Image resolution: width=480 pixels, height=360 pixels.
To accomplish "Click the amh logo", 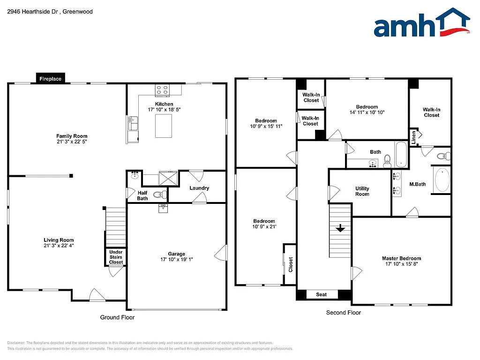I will (x=421, y=23).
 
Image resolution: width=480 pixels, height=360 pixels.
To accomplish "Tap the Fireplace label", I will (x=50, y=79).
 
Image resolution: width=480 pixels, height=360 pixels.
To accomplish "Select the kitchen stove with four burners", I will (x=162, y=90).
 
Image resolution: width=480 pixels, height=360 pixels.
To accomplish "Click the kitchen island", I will (x=164, y=126).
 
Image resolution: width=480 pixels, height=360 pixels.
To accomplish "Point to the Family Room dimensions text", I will (x=72, y=141).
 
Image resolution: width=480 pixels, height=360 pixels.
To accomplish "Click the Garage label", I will (x=177, y=254).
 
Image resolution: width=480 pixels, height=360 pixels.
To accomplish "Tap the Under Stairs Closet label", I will (x=116, y=257).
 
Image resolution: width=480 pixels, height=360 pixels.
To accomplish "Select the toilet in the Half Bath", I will (x=159, y=194).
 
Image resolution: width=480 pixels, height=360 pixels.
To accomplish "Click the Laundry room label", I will (x=199, y=188).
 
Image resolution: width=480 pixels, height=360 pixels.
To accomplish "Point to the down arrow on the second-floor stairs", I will (x=340, y=228).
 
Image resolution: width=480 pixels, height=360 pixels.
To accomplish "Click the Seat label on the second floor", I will (x=321, y=294).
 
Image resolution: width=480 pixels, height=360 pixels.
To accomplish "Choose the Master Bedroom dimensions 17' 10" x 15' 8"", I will (x=401, y=264).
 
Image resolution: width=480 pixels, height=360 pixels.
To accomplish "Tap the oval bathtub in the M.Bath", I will (x=442, y=180).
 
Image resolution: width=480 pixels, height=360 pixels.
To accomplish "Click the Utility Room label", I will (x=362, y=191).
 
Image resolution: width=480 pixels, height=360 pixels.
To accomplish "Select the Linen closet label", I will (x=413, y=138).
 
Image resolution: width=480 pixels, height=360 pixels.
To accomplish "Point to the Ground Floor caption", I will (x=117, y=317).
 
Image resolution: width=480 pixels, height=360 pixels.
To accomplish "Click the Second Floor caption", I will (x=344, y=313).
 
